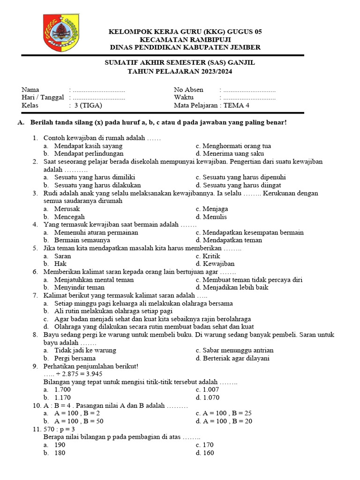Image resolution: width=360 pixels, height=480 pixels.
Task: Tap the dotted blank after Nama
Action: click(99, 90)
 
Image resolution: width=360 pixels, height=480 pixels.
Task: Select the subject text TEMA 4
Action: click(237, 105)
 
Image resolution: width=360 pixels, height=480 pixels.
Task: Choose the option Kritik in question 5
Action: click(211, 256)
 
